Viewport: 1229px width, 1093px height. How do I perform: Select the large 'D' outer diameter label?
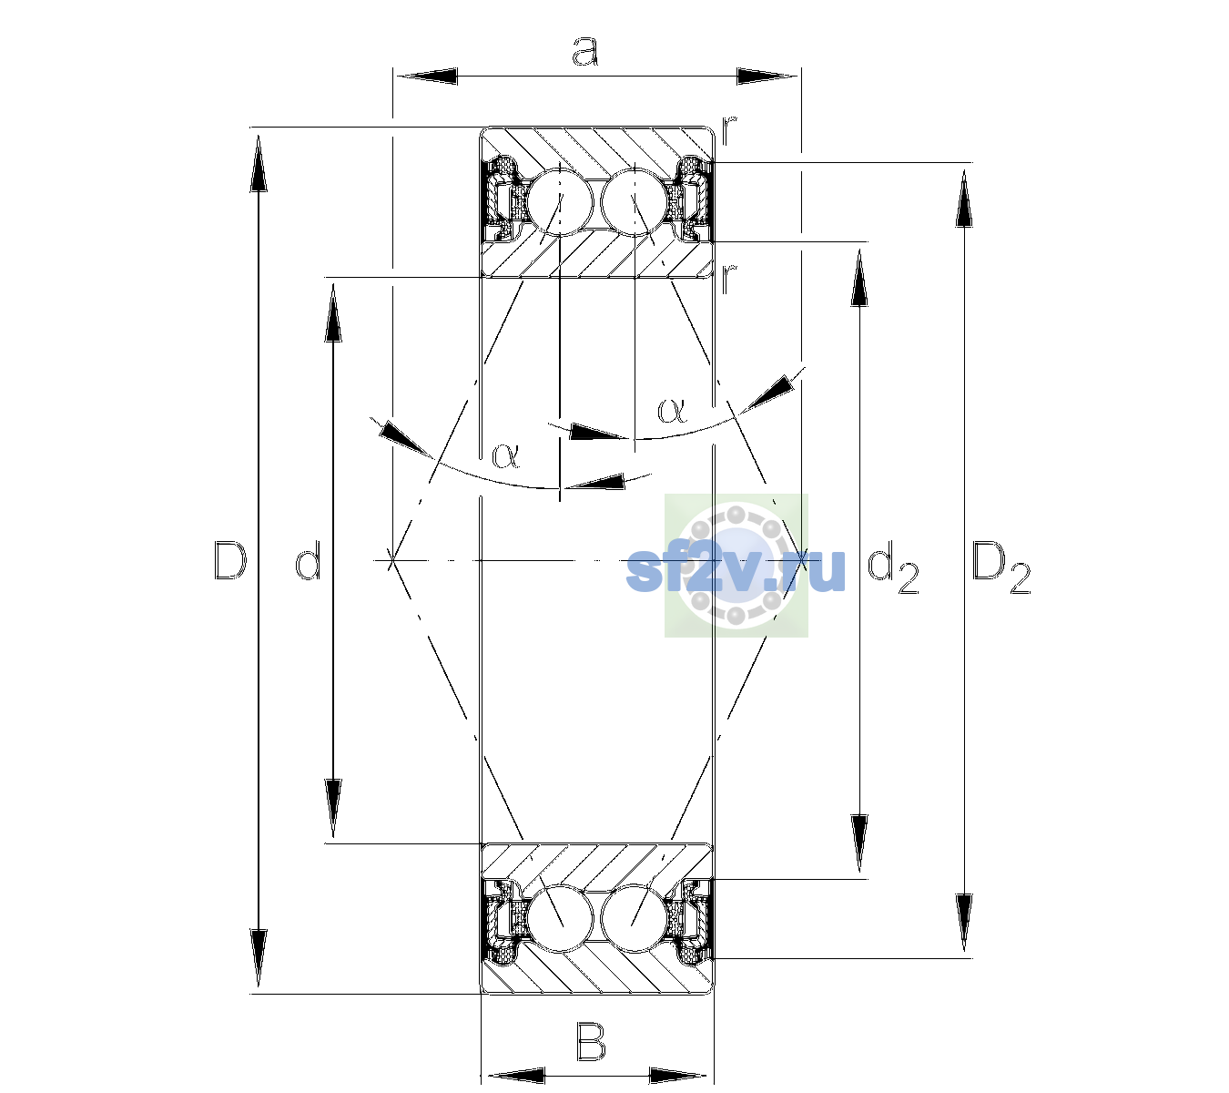(x=230, y=560)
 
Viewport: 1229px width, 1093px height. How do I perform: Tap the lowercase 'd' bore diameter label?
(x=308, y=560)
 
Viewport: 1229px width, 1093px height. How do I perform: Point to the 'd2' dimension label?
(x=892, y=570)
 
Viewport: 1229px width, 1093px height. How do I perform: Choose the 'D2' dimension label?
(x=1000, y=567)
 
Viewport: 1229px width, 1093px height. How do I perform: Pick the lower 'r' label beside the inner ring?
(x=729, y=279)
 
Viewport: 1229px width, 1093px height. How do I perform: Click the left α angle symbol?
(x=505, y=455)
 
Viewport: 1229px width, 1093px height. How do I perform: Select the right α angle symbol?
(x=672, y=410)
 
